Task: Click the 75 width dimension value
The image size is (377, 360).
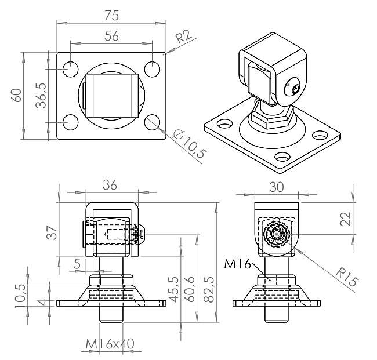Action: pos(111,16)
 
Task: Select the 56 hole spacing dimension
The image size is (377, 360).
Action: pos(111,36)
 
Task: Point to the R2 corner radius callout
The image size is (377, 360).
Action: pos(183,36)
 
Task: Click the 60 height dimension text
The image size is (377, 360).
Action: pos(17,96)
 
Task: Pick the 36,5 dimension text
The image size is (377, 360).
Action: pos(41,96)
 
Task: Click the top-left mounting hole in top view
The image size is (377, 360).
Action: pos(70,69)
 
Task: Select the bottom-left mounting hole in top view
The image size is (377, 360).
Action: pos(70,122)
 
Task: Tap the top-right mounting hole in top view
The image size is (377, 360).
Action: pos(152,69)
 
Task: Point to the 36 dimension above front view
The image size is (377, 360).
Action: pos(110,186)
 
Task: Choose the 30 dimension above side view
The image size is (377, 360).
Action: pos(277,187)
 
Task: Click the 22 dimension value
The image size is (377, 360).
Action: pos(346,219)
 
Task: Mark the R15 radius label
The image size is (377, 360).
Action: pos(347,277)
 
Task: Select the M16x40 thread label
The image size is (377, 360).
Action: pos(110,344)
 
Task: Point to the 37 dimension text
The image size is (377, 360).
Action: pos(52,232)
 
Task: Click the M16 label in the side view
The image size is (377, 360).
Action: pos(237,264)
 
